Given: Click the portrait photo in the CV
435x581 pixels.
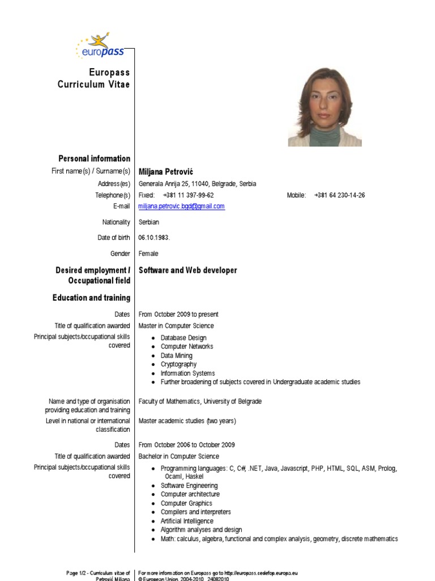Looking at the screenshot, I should (x=325, y=108).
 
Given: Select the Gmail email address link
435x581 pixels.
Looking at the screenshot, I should (x=181, y=207).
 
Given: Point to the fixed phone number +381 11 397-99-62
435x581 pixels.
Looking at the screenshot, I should (x=188, y=195).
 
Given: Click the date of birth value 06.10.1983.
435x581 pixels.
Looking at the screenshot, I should (x=154, y=238).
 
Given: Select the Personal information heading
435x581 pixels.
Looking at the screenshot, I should (x=94, y=158).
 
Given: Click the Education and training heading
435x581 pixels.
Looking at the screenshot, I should (x=91, y=298).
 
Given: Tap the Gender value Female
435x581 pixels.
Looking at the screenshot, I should (x=148, y=254).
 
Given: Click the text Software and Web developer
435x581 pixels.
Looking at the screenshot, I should (x=187, y=271).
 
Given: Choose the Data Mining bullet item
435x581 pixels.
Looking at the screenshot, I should (x=176, y=356).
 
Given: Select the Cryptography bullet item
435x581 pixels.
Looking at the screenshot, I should (x=178, y=364).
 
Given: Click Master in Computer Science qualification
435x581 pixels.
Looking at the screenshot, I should (x=176, y=326).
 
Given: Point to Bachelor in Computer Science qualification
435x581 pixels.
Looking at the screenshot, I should (x=178, y=456).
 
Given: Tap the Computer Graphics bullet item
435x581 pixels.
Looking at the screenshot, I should (x=186, y=503).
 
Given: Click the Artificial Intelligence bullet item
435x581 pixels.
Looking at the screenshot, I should (x=187, y=521).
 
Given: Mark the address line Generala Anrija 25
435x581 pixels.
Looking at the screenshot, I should (x=197, y=184).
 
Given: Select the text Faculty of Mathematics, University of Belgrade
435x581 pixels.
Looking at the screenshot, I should (x=200, y=401).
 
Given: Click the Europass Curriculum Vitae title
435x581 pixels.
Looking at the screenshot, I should (x=93, y=78).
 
